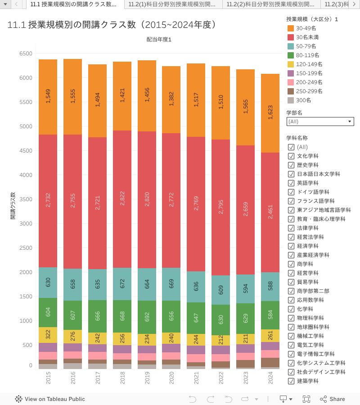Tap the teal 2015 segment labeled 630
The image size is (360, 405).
48,283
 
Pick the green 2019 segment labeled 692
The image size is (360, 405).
147,317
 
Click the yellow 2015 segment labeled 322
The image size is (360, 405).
48,335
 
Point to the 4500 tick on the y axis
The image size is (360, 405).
26,151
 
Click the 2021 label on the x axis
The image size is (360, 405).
196,380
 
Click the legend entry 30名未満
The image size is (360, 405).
308,37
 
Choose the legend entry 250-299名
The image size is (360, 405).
310,91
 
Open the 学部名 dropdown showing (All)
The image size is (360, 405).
320,121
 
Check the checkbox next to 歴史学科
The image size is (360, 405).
291,165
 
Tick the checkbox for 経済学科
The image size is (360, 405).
291,246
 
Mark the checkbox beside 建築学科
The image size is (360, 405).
291,381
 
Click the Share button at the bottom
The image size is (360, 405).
333,399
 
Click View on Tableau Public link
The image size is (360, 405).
54,399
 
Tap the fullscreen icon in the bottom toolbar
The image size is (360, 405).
306,399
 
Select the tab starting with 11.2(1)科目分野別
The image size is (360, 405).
174,4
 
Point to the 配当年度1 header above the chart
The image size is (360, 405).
159,40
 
